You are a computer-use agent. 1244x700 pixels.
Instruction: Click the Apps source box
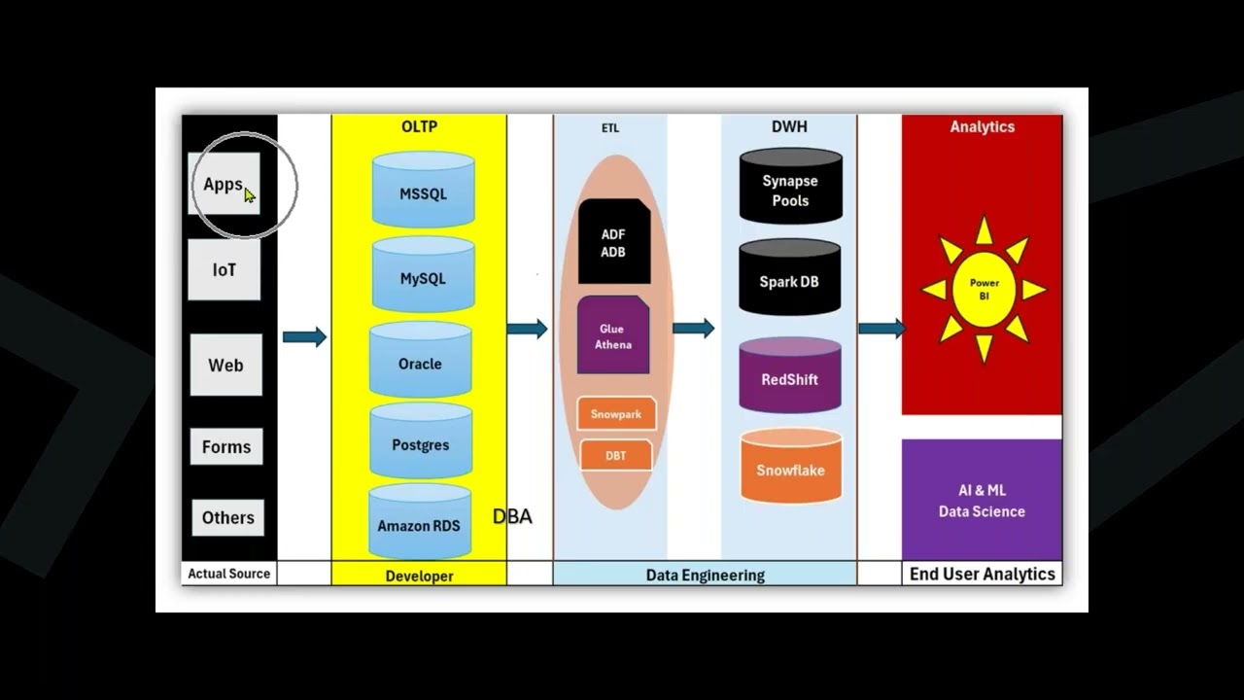point(225,184)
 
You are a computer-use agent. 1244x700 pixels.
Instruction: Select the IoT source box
point(225,270)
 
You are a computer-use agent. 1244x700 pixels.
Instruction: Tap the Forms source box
point(226,447)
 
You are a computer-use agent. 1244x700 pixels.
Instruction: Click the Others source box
point(227,517)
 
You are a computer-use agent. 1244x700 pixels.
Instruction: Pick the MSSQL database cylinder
point(423,192)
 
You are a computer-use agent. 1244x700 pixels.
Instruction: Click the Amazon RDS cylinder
point(419,524)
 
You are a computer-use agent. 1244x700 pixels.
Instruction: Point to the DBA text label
point(512,516)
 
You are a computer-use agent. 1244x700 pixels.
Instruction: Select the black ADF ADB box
point(613,243)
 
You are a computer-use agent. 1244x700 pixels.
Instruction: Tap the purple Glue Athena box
point(613,336)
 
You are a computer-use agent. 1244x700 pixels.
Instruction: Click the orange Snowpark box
point(616,414)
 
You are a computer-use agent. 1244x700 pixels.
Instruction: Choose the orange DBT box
point(615,455)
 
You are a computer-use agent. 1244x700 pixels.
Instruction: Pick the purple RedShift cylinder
point(789,378)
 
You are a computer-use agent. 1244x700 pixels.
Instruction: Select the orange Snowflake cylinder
point(790,469)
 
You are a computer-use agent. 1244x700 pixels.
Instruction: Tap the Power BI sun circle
point(984,289)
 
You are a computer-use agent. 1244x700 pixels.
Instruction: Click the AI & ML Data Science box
point(982,501)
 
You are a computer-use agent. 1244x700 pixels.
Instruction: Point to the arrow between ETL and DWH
point(694,329)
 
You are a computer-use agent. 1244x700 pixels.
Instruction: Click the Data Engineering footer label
point(705,575)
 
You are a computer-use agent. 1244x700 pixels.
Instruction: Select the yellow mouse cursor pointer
point(250,195)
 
